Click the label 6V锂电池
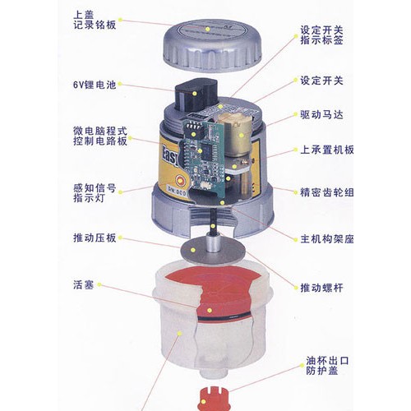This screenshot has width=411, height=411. pyautogui.click(x=95, y=85)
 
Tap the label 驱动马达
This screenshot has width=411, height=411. pyautogui.click(x=321, y=114)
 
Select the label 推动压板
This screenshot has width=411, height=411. pyautogui.click(x=95, y=238)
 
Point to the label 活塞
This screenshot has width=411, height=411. pyautogui.click(x=84, y=284)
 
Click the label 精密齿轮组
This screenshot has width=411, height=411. pyautogui.click(x=326, y=192)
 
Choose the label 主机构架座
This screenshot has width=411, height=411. pyautogui.click(x=326, y=239)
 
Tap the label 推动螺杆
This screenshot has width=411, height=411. pyautogui.click(x=321, y=288)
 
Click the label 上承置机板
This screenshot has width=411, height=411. pyautogui.click(x=326, y=150)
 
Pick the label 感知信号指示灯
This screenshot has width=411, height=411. pyautogui.click(x=95, y=193)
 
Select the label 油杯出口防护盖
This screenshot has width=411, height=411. pyautogui.click(x=327, y=366)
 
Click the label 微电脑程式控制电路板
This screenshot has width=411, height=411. pyautogui.click(x=100, y=136)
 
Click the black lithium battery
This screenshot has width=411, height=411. pyautogui.click(x=196, y=95)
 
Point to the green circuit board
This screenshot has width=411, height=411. pyautogui.click(x=204, y=156)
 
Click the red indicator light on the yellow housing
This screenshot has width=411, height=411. pyautogui.click(x=180, y=181)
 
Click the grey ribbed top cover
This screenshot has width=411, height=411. pyautogui.click(x=212, y=45)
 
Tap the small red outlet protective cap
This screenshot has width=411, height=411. pyautogui.click(x=213, y=399)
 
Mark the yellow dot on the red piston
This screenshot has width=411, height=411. pyautogui.click(x=210, y=311)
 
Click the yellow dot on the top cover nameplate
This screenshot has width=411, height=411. pyautogui.click(x=208, y=29)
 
